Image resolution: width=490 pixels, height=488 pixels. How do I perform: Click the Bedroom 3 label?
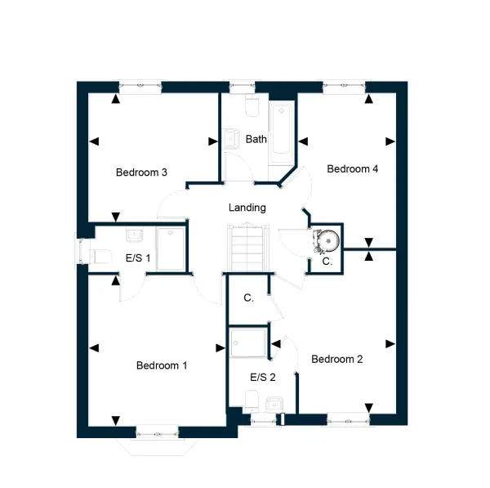[x=141, y=172]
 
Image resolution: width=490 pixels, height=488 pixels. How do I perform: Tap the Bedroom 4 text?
[x=353, y=169]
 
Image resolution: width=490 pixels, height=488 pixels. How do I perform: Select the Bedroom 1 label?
[x=162, y=365]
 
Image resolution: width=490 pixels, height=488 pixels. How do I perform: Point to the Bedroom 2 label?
[x=336, y=359]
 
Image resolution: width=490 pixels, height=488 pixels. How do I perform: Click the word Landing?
[x=247, y=208]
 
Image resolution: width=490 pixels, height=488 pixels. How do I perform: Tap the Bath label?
[x=256, y=139]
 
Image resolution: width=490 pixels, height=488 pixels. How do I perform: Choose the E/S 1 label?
[x=138, y=258]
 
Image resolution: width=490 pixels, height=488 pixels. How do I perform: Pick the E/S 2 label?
[x=263, y=378]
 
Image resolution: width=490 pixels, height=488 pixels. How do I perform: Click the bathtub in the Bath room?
[x=281, y=134]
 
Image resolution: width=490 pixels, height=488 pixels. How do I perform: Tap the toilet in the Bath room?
[x=252, y=105]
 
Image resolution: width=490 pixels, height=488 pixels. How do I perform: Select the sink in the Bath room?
[x=230, y=139]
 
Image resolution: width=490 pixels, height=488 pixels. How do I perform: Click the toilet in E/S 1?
[x=100, y=257]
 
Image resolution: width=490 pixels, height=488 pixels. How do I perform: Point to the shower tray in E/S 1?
[x=171, y=249]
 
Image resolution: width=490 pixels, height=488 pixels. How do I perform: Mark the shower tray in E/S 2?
[x=248, y=342]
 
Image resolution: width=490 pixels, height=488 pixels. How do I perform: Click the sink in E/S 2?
[x=274, y=404]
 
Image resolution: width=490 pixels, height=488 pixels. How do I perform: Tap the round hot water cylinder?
[x=328, y=240]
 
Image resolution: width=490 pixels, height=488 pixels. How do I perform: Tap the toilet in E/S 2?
[x=252, y=401]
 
